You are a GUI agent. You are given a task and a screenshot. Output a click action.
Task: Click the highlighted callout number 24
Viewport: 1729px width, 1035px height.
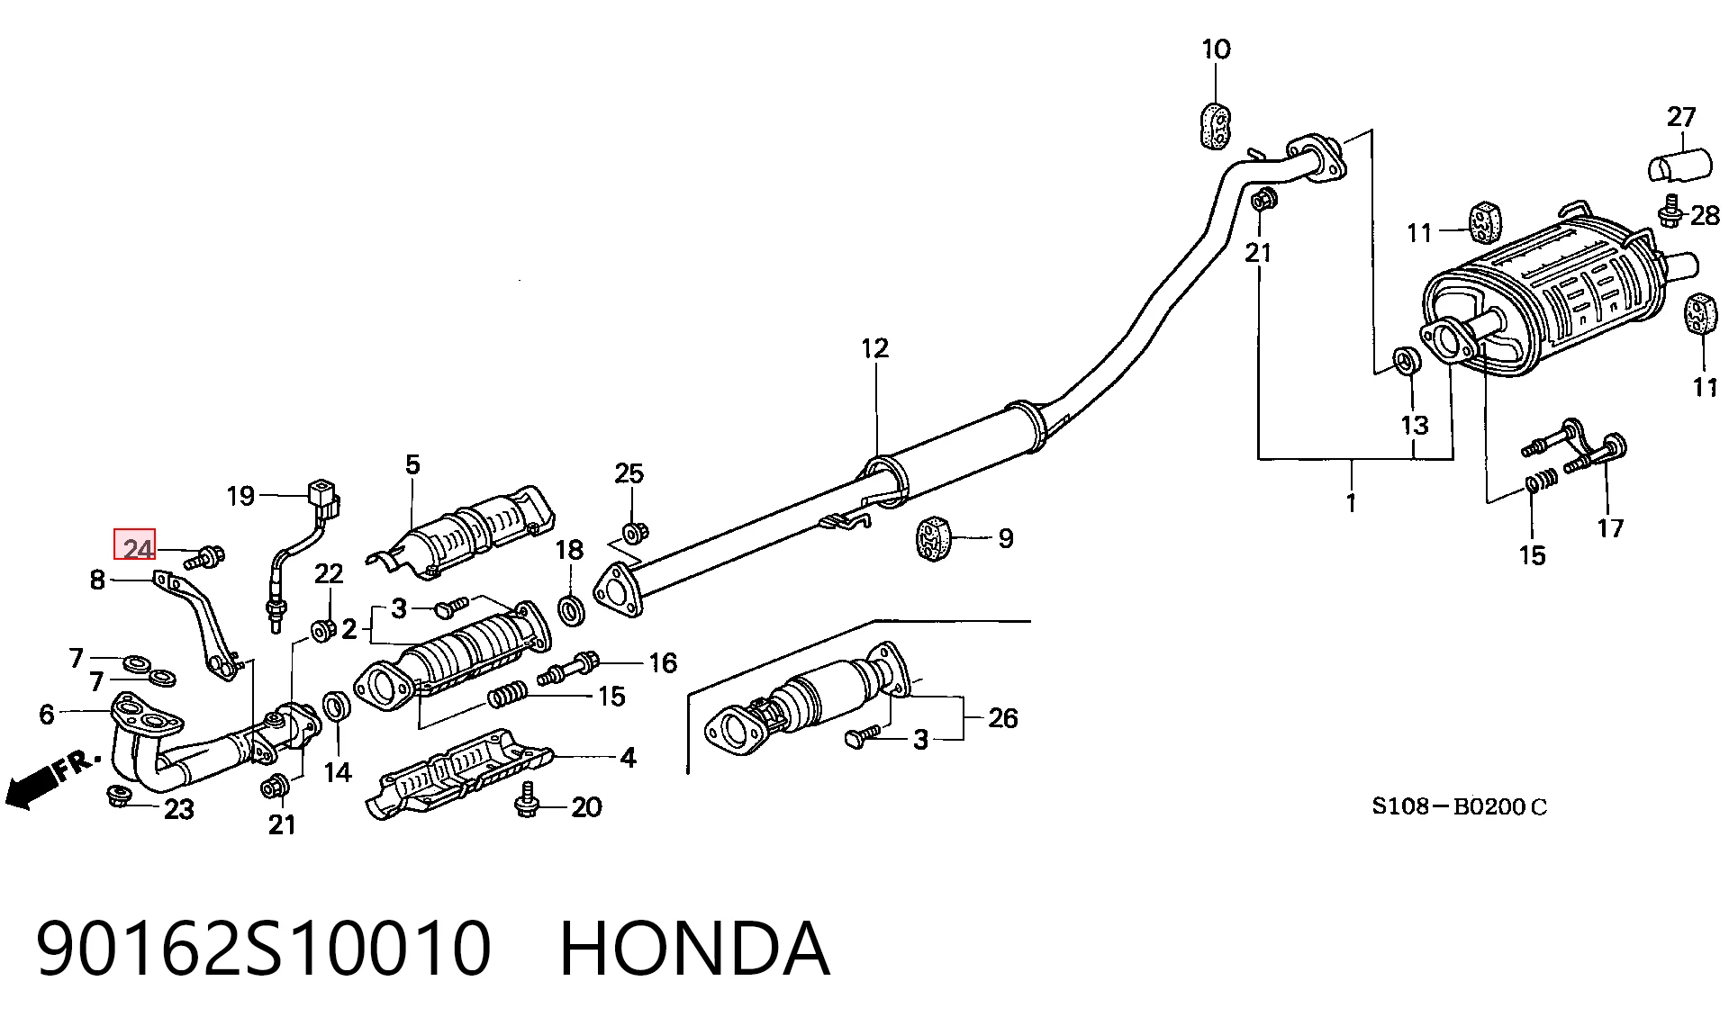134,547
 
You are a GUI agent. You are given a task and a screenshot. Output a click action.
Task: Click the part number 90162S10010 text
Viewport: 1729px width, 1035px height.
264,949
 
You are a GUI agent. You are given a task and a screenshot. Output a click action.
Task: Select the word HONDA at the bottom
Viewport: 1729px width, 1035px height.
694,949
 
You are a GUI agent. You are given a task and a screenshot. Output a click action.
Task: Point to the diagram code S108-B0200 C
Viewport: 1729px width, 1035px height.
1459,806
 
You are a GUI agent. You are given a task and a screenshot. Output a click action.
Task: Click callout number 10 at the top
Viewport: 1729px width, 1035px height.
1216,49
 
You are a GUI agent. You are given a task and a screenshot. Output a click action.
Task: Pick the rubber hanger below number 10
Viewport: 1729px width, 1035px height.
1216,124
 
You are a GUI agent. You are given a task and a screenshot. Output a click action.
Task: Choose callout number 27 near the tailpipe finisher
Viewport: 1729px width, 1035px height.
1681,117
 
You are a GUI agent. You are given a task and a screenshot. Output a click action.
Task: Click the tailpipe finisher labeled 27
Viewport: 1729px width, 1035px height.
1679,167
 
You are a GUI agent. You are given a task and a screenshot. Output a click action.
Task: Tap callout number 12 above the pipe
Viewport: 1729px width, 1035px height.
874,348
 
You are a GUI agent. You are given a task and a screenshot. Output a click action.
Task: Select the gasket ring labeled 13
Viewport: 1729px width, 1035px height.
1408,360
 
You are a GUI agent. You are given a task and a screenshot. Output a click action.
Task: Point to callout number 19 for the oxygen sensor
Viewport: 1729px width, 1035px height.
240,495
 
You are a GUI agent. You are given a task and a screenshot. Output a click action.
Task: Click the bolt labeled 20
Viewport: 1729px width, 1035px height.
527,799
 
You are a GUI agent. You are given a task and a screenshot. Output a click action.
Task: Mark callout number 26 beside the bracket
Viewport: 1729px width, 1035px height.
1003,717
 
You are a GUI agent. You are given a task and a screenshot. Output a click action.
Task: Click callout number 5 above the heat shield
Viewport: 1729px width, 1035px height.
412,464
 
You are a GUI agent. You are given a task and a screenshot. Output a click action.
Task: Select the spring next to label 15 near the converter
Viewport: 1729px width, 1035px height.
507,696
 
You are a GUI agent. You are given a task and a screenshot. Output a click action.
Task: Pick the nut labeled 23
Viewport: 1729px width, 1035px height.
118,796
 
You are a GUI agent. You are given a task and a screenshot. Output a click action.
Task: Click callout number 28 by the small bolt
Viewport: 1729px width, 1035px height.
1705,215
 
